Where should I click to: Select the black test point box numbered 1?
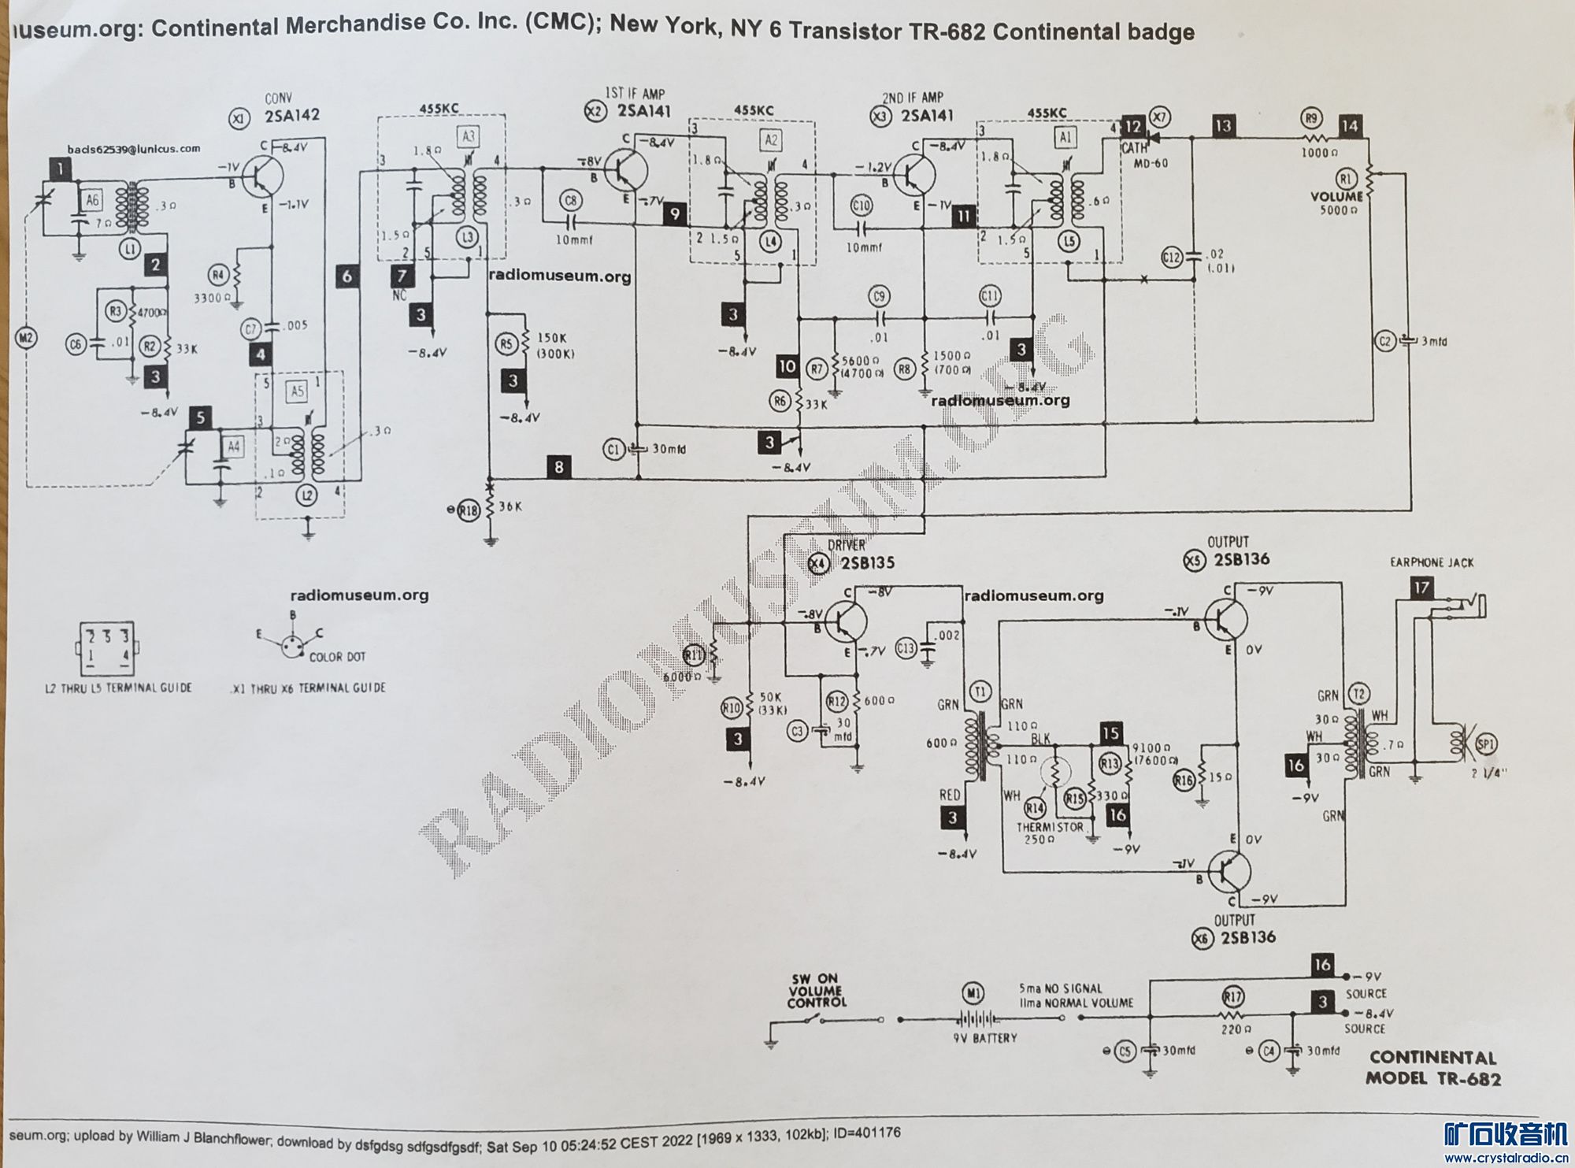[x=59, y=167]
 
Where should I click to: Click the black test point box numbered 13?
[x=1223, y=126]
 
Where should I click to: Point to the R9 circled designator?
[x=1311, y=118]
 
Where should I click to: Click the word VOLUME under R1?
[x=1336, y=196]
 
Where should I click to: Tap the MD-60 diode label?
[x=1151, y=164]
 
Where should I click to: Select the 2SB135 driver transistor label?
[x=868, y=563]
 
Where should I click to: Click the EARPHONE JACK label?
[x=1432, y=562]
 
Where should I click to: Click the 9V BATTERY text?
[x=984, y=1038]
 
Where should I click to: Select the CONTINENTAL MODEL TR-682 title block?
[x=1432, y=1067]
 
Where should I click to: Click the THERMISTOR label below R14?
[x=1051, y=827]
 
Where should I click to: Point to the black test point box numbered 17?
[x=1421, y=588]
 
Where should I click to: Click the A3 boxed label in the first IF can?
[x=469, y=135]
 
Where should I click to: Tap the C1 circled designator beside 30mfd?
[x=614, y=449]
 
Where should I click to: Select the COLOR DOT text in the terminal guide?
[x=337, y=657]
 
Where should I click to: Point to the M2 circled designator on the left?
[x=27, y=339]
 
